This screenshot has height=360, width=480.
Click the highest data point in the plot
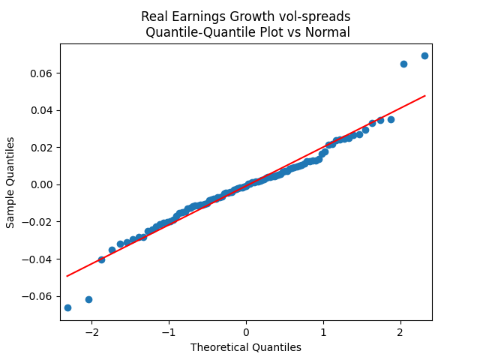424,55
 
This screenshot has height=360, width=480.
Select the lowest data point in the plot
67,307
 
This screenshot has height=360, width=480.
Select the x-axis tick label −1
169,332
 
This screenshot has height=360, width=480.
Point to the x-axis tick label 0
246,332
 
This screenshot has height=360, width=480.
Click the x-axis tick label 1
323,332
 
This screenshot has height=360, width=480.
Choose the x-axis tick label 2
400,332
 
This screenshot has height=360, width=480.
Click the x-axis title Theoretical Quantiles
246,347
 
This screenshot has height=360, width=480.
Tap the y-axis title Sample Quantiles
10,182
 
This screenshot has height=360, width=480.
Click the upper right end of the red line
425,96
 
